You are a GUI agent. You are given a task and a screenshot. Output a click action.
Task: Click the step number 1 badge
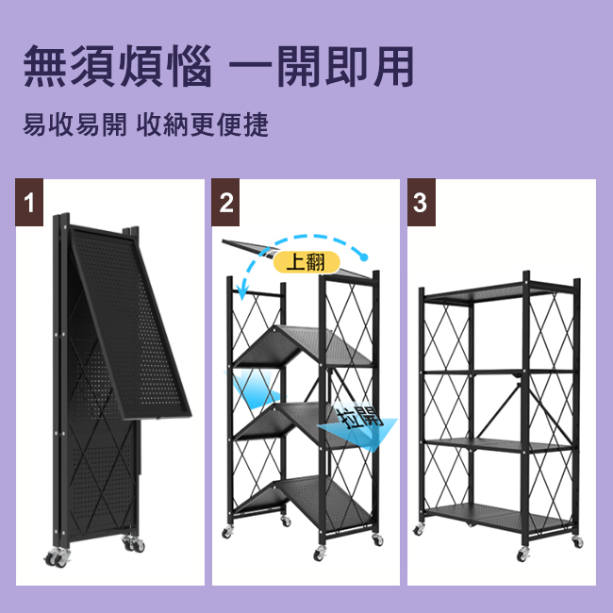pyautogui.click(x=29, y=202)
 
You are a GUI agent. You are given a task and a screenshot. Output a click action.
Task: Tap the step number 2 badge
pyautogui.click(x=225, y=202)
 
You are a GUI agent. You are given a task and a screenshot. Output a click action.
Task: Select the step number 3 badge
pyautogui.click(x=421, y=202)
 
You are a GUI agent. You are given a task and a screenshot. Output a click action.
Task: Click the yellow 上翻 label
pyautogui.click(x=306, y=262)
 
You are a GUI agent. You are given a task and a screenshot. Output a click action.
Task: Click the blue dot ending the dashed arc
pyautogui.click(x=364, y=257)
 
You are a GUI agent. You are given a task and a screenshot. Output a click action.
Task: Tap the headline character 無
pyautogui.click(x=44, y=66)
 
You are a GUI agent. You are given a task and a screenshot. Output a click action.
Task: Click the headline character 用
pyautogui.click(x=393, y=66)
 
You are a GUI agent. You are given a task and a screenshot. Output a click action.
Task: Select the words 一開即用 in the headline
pyautogui.click(x=322, y=66)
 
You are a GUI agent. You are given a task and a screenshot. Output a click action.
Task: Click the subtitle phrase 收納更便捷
pyautogui.click(x=203, y=124)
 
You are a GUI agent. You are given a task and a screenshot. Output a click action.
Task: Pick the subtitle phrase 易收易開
pyautogui.click(x=75, y=124)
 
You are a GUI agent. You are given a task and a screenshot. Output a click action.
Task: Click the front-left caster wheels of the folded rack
pyautogui.click(x=58, y=557)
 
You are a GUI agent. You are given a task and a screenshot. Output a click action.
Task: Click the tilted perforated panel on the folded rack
pyautogui.click(x=129, y=323)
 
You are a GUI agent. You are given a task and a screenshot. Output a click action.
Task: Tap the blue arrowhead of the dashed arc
pyautogui.click(x=242, y=291)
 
